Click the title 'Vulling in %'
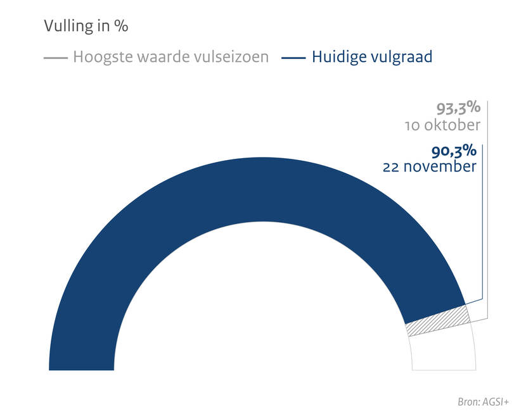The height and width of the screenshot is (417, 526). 86,27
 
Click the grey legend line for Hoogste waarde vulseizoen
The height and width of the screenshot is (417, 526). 55,58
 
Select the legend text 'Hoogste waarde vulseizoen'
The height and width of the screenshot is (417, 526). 170,57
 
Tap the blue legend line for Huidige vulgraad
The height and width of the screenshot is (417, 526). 293,58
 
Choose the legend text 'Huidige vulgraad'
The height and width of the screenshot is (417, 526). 372,57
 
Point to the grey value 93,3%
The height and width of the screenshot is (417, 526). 459,108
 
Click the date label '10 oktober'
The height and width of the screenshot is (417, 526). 442,125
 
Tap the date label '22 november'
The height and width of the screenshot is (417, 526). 430,168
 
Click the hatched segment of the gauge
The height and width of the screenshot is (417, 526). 438,321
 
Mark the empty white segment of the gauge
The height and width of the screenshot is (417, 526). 443,352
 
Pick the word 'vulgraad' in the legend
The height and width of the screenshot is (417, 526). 402,57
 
